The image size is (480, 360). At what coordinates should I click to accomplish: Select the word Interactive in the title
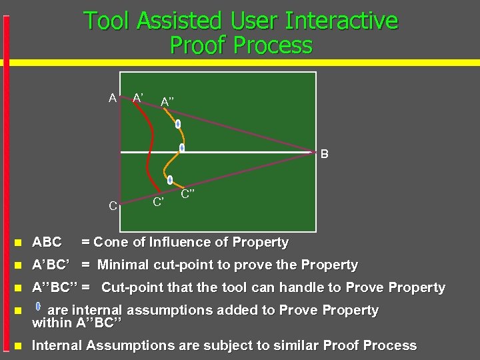[x=341, y=21]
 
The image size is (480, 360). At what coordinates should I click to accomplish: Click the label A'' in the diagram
[x=168, y=101]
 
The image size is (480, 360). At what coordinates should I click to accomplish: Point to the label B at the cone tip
[x=324, y=155]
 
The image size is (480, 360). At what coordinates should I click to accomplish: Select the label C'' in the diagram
[x=187, y=194]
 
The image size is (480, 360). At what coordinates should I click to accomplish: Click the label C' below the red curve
[x=159, y=201]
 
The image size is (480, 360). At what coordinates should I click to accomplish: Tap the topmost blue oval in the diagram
[x=178, y=124]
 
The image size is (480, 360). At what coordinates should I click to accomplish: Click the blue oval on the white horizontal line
[x=181, y=148]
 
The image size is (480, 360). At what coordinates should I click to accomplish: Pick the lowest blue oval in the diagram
[x=170, y=179]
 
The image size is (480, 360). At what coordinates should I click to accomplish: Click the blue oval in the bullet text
[x=38, y=308]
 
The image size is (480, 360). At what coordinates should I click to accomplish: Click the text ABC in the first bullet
[x=47, y=242]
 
